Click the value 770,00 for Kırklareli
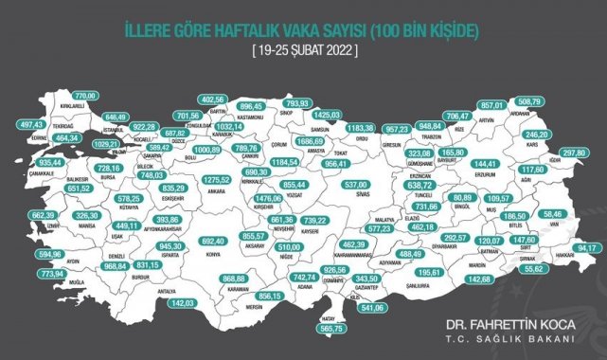(86, 96)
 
